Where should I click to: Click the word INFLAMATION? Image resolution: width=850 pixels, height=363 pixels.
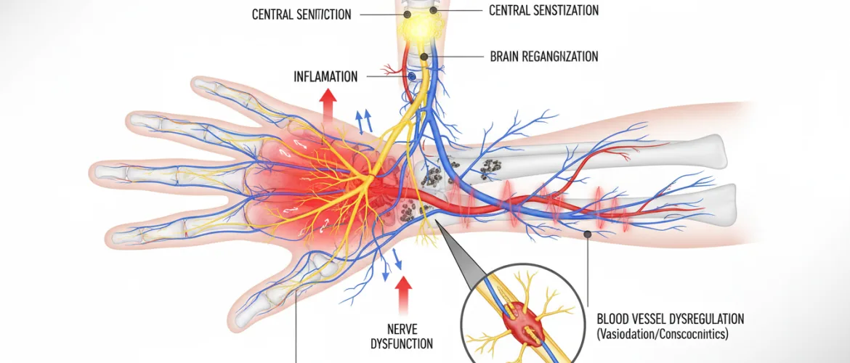coord(326,76)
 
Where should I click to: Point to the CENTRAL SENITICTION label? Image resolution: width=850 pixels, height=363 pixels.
coord(301,15)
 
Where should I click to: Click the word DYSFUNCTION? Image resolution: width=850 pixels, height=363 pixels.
coord(401,343)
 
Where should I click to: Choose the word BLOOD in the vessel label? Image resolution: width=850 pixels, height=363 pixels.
coord(613,319)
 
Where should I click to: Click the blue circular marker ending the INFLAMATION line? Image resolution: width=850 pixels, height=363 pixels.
coord(412,75)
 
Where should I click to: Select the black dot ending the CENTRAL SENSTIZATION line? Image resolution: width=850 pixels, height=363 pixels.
coord(434,11)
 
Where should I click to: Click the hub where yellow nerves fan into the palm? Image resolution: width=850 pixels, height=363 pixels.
coord(371,176)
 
